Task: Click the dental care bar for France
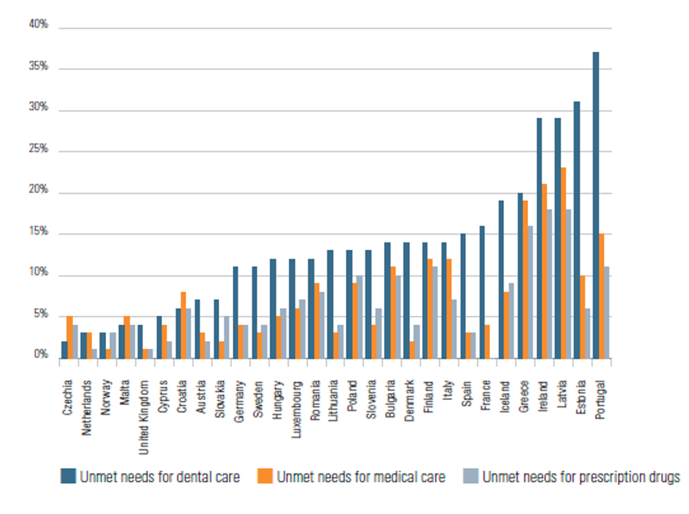482,291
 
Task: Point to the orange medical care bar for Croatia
184,324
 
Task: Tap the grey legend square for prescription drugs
471,477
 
